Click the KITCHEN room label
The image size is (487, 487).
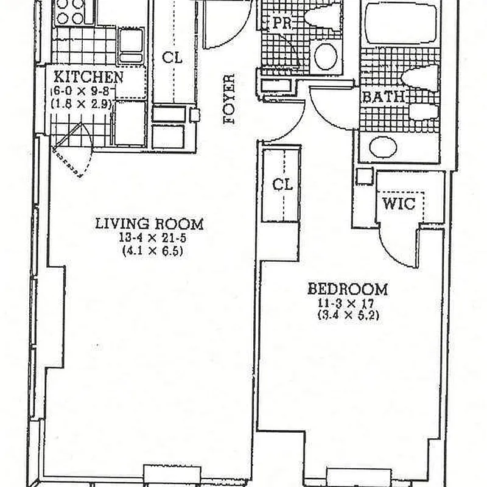[88, 77]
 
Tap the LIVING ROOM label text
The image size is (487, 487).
[149, 223]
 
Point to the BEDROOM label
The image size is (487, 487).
[348, 289]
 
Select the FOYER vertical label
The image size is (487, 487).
[229, 99]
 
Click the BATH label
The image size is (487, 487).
[384, 97]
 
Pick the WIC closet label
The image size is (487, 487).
[399, 204]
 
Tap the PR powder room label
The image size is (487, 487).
[282, 23]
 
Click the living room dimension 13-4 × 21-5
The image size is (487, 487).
[153, 238]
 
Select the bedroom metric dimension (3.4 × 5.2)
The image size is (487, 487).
[348, 315]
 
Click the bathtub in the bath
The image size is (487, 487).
[401, 23]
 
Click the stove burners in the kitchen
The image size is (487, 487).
[71, 12]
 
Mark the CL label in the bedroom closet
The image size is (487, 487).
[282, 185]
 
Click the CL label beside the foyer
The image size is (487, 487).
[172, 57]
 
